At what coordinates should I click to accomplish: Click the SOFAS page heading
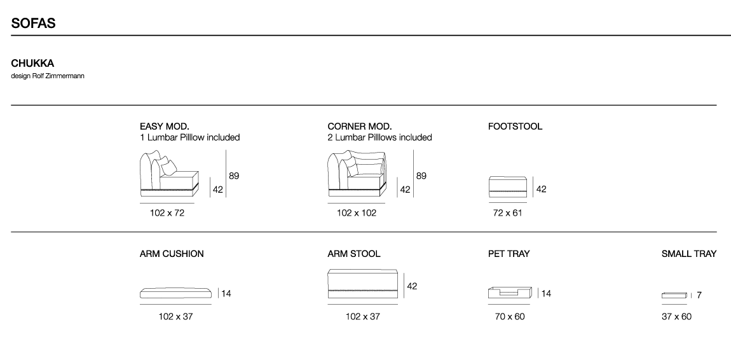click(x=33, y=24)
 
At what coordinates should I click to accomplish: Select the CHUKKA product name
click(x=32, y=64)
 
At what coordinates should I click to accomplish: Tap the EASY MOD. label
click(x=165, y=127)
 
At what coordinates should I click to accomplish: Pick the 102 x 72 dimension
click(x=167, y=213)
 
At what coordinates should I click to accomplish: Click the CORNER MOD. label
click(x=359, y=127)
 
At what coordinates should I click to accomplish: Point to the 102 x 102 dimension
click(x=357, y=213)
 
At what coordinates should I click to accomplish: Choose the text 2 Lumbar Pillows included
click(x=379, y=137)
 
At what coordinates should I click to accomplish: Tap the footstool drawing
click(x=508, y=187)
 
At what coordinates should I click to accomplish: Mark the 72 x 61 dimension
click(x=508, y=213)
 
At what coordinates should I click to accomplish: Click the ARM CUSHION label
click(x=172, y=254)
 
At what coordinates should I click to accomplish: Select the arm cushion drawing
click(x=175, y=293)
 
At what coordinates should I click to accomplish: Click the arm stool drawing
click(x=363, y=284)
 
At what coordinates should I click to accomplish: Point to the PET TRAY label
click(x=509, y=254)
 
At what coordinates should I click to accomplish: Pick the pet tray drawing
click(x=510, y=293)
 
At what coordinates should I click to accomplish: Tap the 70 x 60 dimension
click(x=510, y=317)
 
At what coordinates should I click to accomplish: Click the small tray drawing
click(x=674, y=295)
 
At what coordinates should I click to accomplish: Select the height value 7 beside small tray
click(x=699, y=295)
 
